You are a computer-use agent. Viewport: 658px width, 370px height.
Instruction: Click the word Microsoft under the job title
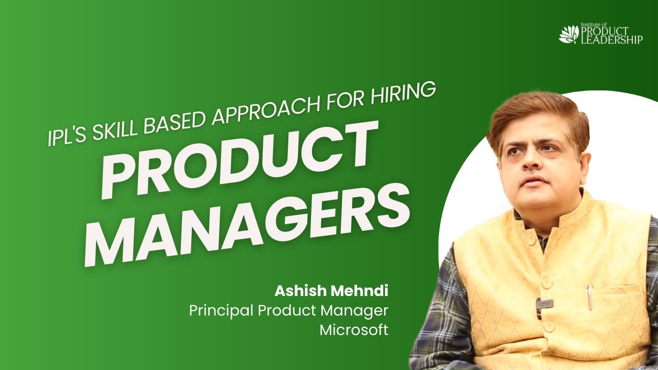coord(354,329)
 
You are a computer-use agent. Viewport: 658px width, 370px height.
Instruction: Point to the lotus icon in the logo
coord(569,34)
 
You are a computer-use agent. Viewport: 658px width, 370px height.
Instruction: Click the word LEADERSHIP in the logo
coord(611,40)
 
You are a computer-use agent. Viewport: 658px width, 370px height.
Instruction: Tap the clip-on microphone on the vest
coord(544,304)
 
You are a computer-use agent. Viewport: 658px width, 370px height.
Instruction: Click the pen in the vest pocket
coord(590,298)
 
